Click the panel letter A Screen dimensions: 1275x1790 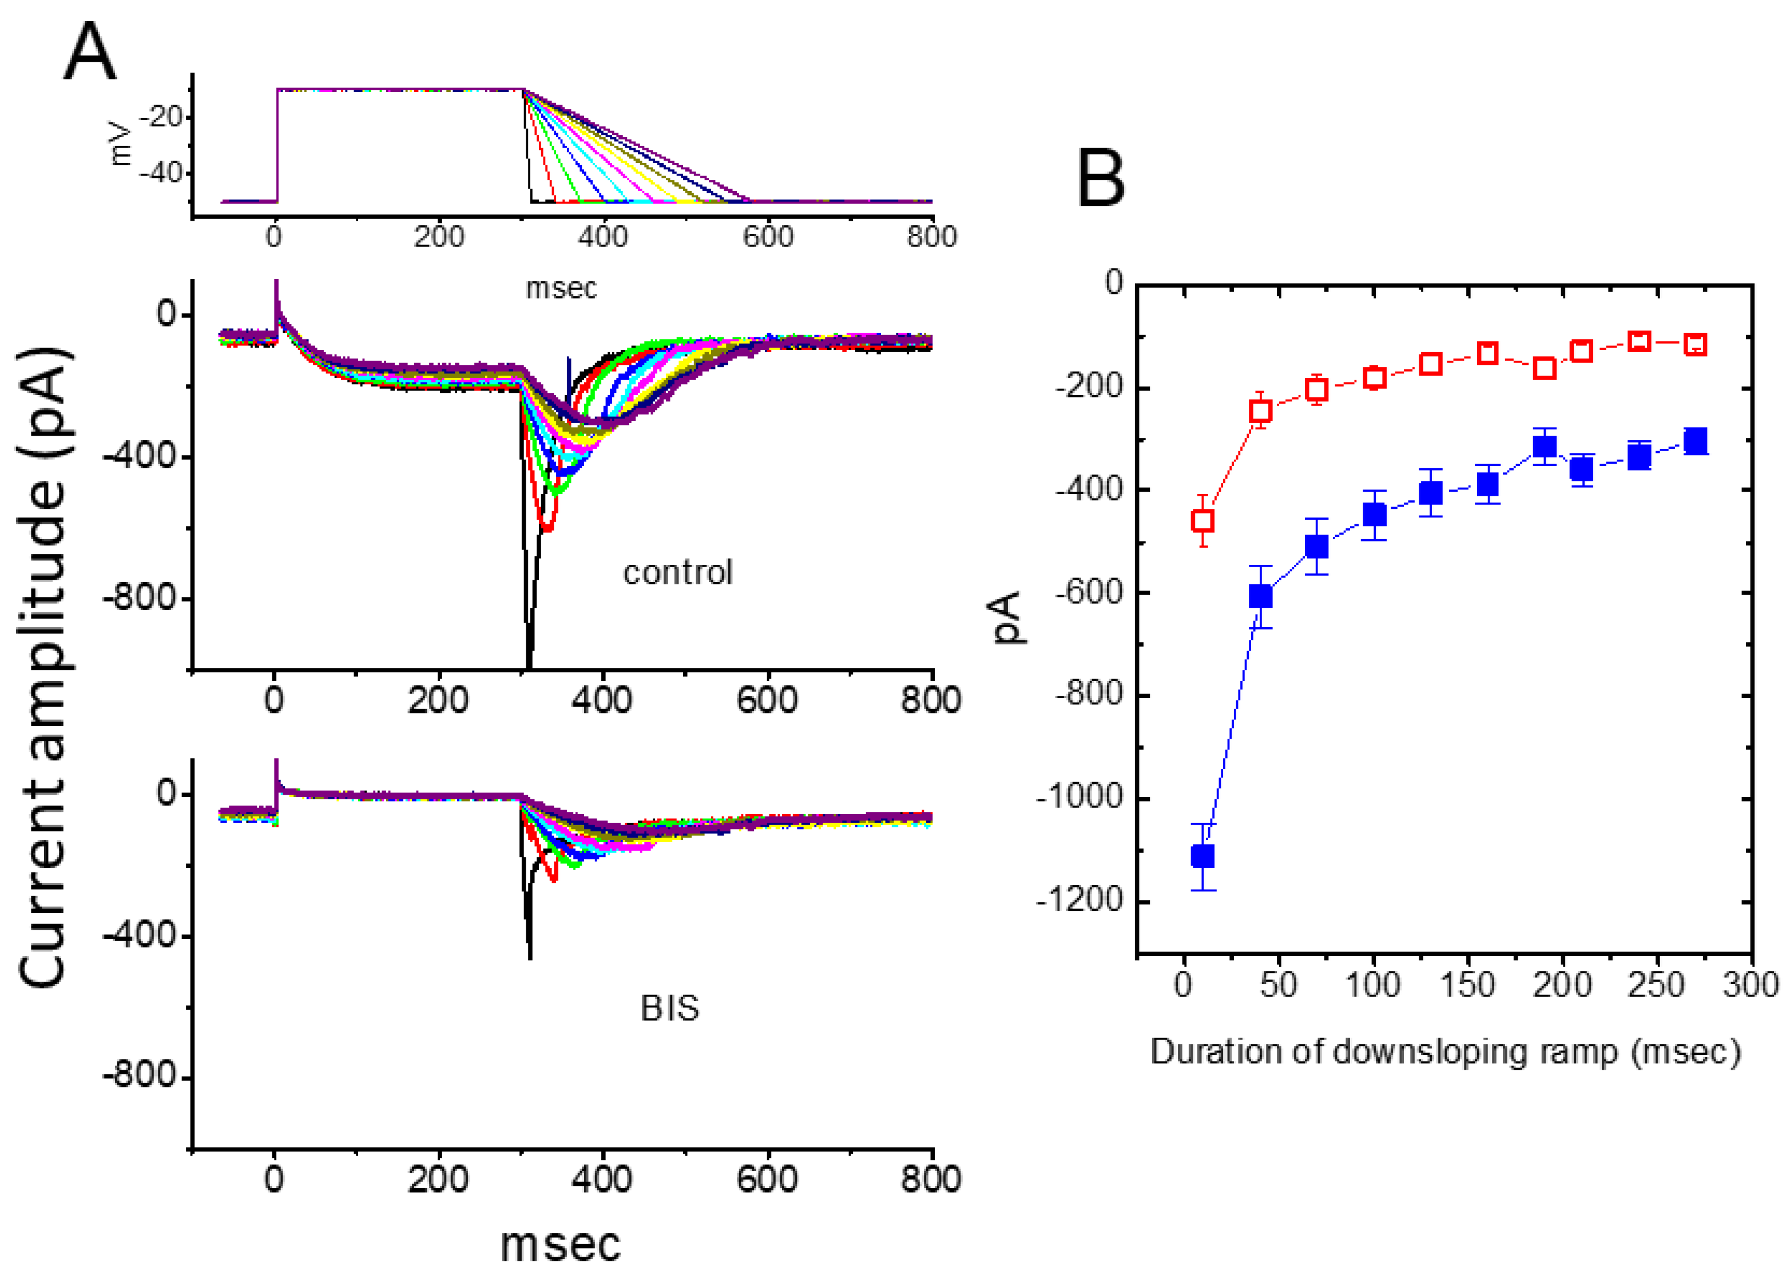point(90,52)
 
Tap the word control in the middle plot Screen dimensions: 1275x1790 point(677,572)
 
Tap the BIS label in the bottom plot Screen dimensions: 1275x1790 point(669,1008)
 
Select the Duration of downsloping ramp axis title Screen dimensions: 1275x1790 point(1445,1051)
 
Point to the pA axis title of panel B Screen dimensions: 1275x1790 point(1008,618)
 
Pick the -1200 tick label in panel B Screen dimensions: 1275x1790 point(1082,900)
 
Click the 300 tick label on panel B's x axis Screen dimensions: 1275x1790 point(1751,984)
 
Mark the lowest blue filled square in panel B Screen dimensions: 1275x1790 point(1202,856)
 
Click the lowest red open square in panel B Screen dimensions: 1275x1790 point(1202,520)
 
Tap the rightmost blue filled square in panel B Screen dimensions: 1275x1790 point(1695,441)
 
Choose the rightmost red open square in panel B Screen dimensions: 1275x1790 point(1695,344)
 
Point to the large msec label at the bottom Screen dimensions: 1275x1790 point(560,1244)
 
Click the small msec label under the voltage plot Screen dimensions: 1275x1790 point(561,288)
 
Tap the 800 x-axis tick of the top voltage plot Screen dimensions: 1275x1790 point(931,236)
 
